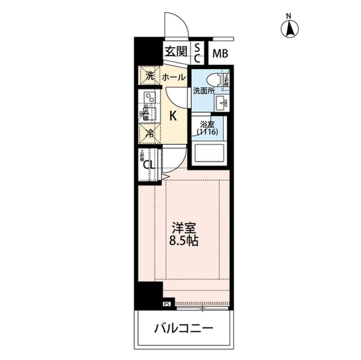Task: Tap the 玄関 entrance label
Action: tap(175, 52)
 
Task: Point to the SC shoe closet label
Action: tap(197, 52)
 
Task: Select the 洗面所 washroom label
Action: tap(202, 90)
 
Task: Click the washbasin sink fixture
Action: tap(221, 103)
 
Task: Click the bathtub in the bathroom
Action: tap(209, 153)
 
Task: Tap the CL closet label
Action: tap(148, 165)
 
